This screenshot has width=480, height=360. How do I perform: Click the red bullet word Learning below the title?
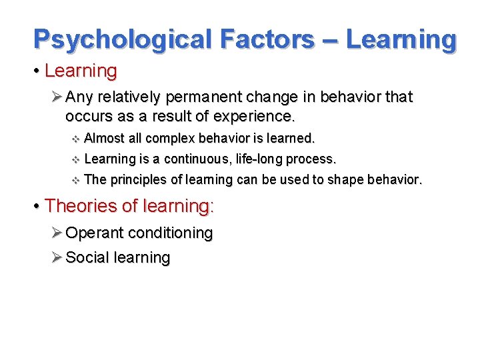(x=81, y=70)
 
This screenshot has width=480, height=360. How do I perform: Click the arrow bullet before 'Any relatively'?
(x=57, y=97)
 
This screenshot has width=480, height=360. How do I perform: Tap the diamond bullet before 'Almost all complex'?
(x=75, y=139)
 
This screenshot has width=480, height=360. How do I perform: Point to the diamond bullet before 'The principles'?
(x=75, y=180)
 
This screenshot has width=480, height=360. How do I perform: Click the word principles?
(x=135, y=180)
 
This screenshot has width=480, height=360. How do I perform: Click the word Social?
(x=88, y=257)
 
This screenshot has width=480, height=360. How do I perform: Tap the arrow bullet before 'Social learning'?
(x=57, y=257)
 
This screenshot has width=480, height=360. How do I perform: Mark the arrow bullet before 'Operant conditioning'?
(x=57, y=233)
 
